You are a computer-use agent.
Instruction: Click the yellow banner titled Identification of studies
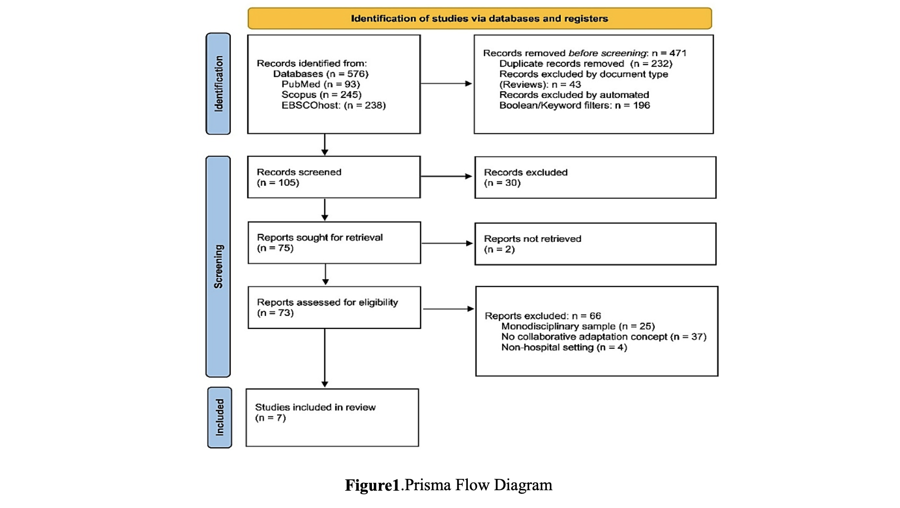480,18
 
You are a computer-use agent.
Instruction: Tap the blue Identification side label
218,83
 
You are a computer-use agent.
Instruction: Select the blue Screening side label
218,267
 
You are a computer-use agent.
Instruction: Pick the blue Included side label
220,418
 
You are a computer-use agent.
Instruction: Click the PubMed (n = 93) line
321,84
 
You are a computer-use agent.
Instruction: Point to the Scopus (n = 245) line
321,95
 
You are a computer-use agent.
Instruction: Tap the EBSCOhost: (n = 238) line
334,105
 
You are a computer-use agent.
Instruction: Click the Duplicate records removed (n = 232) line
586,64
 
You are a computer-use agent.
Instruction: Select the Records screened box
334,177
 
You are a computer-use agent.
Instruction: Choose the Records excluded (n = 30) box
596,177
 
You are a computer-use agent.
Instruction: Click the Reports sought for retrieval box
335,243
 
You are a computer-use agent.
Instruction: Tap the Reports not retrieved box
596,244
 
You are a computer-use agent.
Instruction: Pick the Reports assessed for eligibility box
335,307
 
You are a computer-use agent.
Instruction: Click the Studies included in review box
332,418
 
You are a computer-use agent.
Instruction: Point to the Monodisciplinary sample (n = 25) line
578,327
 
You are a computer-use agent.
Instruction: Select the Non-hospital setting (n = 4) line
564,347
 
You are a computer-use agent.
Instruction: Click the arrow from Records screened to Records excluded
446,176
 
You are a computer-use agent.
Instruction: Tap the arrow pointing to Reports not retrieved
447,243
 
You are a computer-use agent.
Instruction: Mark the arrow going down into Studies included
325,358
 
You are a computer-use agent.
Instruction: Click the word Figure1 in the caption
372,485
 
